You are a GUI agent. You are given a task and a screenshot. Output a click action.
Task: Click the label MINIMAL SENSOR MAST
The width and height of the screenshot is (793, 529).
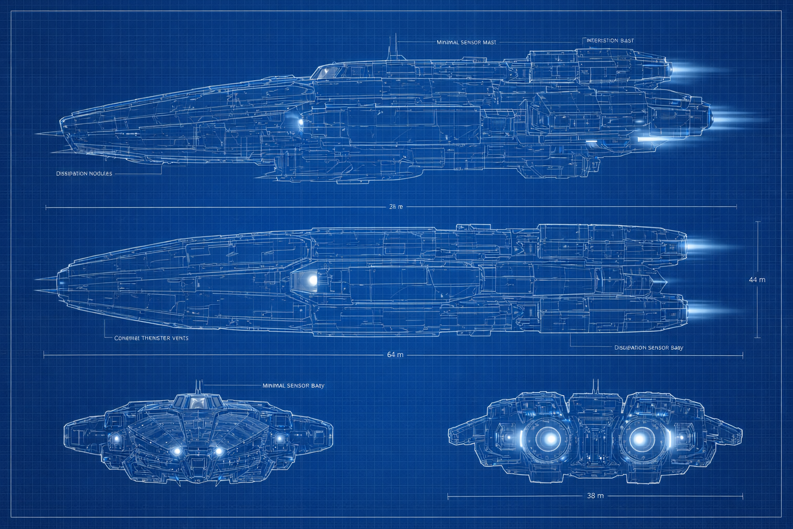466,42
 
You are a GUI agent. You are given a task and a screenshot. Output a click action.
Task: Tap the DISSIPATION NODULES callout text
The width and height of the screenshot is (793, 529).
84,174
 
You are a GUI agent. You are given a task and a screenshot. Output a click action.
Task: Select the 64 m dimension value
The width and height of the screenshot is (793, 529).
395,355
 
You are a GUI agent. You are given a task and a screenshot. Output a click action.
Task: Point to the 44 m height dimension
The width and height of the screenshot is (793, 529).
757,279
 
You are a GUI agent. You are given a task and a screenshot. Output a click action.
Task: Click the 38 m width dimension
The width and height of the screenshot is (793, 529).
595,496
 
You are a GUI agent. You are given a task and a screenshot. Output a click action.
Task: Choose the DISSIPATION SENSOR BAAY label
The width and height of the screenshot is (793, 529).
648,348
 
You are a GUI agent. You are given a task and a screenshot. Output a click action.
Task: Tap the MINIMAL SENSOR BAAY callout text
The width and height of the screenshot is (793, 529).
293,386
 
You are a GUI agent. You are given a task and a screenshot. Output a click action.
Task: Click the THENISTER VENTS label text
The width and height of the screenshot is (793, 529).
151,338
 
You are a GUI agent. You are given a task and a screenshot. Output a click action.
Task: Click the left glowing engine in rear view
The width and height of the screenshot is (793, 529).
550,439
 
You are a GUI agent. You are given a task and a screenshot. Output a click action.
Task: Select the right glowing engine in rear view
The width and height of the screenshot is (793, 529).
640,439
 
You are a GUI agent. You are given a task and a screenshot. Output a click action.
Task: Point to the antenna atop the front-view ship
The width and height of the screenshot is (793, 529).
197,387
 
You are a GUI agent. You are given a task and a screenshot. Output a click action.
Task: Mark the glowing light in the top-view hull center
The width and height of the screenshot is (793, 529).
312,279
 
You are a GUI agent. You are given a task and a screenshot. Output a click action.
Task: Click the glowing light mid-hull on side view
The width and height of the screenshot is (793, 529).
300,122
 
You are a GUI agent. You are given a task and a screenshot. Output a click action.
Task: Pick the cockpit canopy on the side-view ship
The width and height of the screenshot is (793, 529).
325,72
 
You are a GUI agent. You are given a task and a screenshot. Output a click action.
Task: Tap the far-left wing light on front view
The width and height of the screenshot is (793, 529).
117,439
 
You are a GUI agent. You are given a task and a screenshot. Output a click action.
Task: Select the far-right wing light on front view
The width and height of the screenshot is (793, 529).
279,439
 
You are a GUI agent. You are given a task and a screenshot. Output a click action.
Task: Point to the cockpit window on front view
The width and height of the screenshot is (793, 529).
197,402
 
